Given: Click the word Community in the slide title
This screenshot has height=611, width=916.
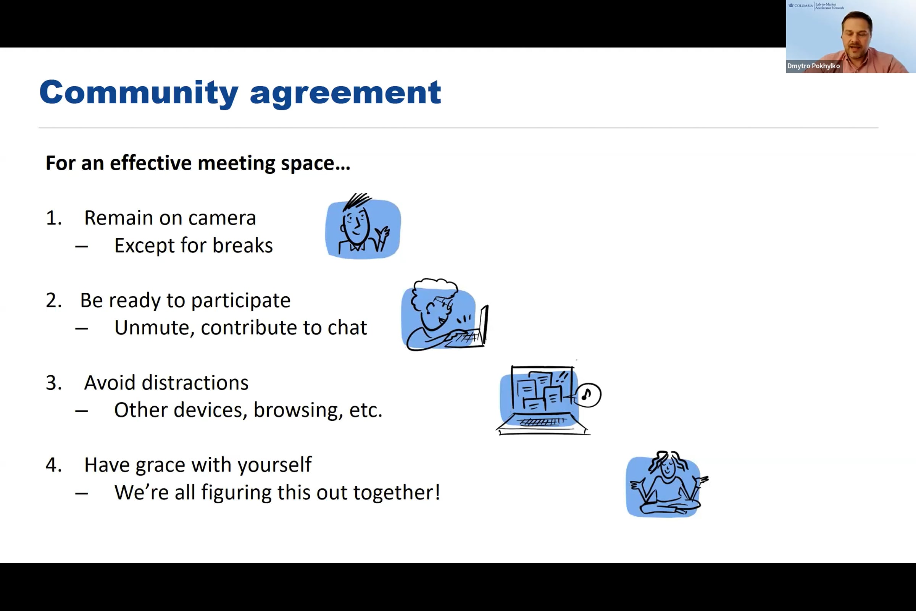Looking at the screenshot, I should click(138, 93).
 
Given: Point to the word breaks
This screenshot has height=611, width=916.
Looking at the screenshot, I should click(242, 246).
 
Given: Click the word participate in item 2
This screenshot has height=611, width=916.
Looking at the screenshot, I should click(241, 301).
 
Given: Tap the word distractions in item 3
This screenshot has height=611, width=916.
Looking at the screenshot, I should click(195, 383).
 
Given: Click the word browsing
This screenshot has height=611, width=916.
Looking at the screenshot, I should click(298, 410).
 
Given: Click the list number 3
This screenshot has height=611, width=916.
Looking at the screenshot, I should click(53, 383).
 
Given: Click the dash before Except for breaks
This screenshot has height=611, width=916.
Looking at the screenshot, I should click(81, 246).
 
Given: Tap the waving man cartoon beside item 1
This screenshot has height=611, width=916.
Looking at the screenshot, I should click(363, 228).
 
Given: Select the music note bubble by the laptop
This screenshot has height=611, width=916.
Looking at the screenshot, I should click(588, 395).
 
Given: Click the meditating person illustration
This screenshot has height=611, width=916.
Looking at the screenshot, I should click(667, 485).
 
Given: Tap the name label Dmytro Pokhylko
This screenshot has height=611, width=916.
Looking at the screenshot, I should click(813, 66).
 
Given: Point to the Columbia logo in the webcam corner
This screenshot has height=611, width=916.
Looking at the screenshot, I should click(800, 5).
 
